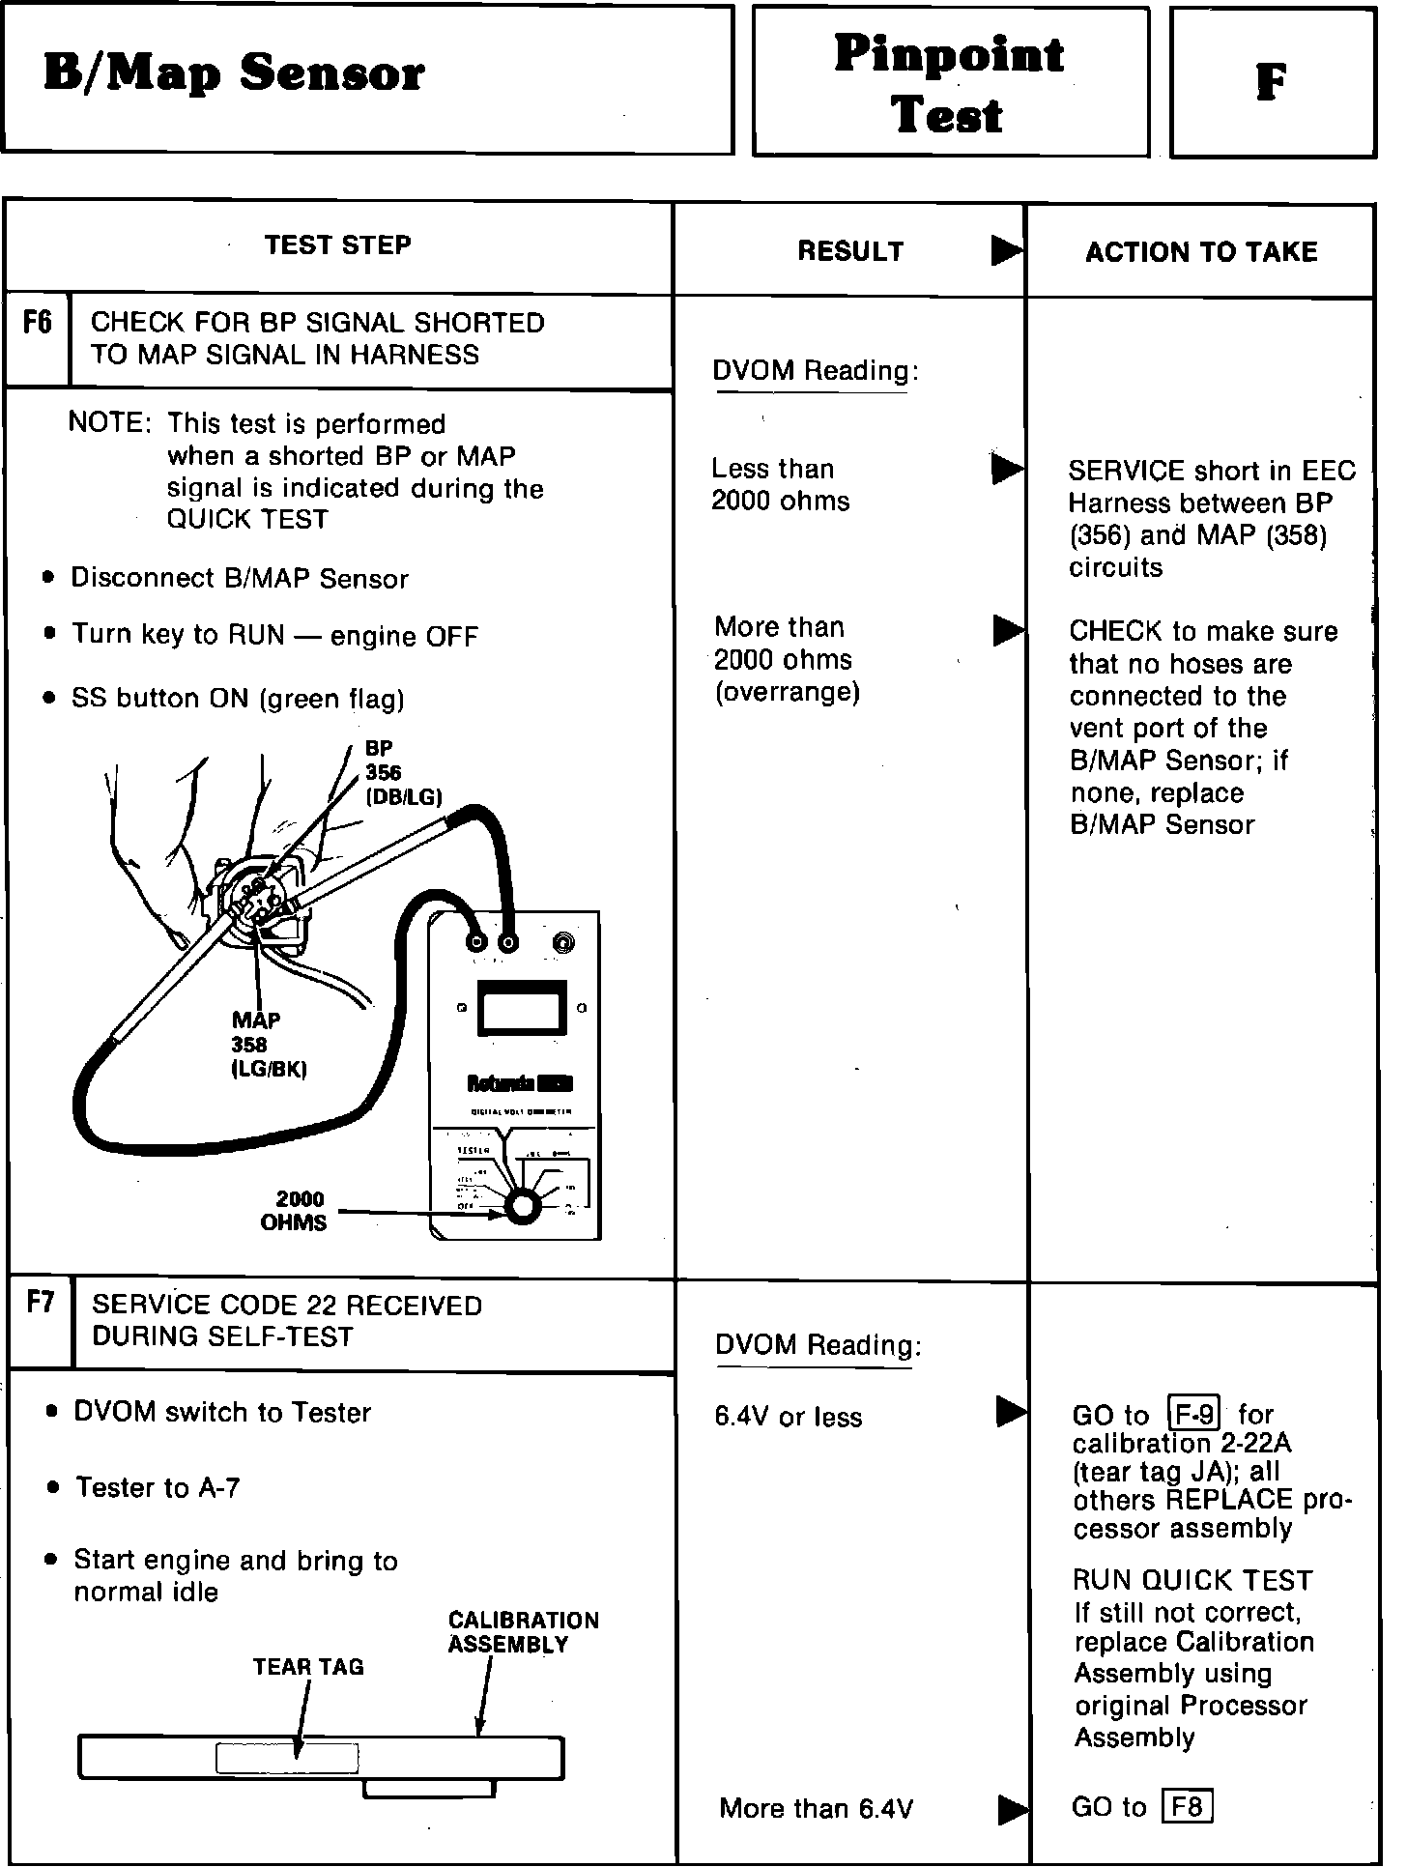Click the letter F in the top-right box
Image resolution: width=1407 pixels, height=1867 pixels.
1271,83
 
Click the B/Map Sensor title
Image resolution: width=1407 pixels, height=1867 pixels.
234,74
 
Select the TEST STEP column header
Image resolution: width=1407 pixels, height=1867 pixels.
337,245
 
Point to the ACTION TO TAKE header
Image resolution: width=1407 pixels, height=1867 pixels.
1201,252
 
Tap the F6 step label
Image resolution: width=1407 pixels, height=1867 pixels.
38,322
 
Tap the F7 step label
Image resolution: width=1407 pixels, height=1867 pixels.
41,1303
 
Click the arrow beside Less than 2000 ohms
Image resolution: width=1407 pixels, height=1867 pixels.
1007,470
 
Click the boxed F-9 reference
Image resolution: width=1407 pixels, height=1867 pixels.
1194,1415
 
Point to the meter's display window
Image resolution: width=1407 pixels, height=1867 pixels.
523,1007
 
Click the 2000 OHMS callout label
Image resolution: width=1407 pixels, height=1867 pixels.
294,1212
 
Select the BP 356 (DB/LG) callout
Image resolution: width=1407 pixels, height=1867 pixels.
402,773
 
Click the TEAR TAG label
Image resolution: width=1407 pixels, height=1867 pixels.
308,1667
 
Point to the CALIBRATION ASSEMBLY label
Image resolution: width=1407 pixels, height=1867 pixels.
523,1632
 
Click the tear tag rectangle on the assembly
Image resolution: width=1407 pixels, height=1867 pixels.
287,1758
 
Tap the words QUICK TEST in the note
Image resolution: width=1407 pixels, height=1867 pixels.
247,520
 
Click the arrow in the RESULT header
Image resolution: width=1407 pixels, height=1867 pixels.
1006,251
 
